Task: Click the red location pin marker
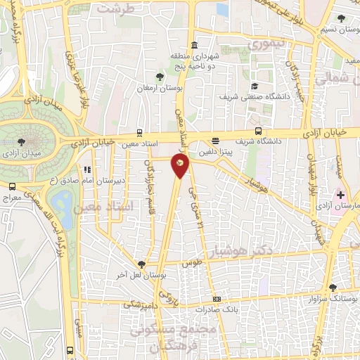pyautogui.click(x=181, y=164)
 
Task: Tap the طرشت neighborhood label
pyautogui.click(x=116, y=8)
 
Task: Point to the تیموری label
pyautogui.click(x=268, y=43)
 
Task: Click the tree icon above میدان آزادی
pyautogui.click(x=29, y=141)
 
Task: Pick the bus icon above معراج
pyautogui.click(x=12, y=186)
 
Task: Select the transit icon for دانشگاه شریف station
pyautogui.click(x=258, y=131)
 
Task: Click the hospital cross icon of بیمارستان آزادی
pyautogui.click(x=341, y=193)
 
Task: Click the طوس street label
pyautogui.click(x=187, y=263)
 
